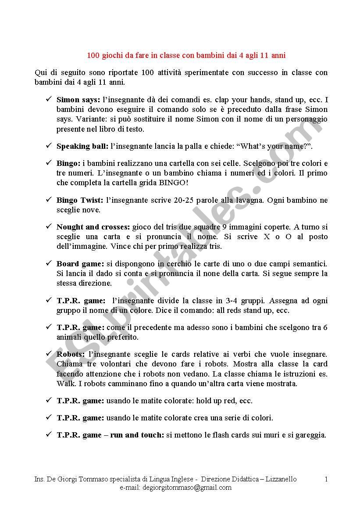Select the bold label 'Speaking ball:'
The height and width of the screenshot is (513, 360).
coord(82,146)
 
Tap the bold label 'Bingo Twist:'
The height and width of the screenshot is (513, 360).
coord(80,200)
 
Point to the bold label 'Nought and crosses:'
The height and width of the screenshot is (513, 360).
coord(93,227)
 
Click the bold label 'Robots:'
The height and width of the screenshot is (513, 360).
coord(71,354)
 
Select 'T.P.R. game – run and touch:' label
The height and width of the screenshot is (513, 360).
coord(110,435)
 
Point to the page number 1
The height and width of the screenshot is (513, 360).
coord(326,479)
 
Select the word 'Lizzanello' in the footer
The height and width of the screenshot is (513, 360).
coord(280,479)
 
